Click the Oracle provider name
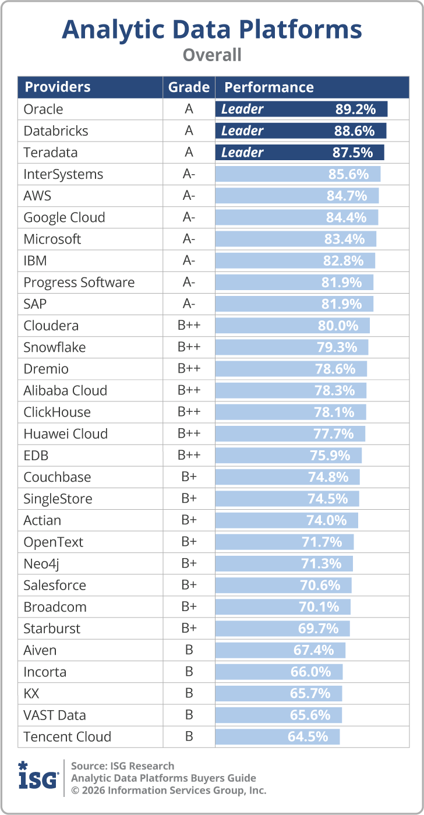click(43, 109)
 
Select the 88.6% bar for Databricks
click(301, 130)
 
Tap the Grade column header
click(189, 87)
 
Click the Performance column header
click(269, 87)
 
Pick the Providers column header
click(58, 87)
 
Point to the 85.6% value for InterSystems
click(348, 174)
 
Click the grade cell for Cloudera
click(189, 326)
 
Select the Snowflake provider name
click(55, 347)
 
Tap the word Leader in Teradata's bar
click(242, 153)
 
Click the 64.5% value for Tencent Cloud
click(308, 736)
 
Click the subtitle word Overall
click(212, 55)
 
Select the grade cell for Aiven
click(189, 650)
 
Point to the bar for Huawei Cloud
click(290, 434)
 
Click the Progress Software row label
click(79, 283)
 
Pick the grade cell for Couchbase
click(189, 477)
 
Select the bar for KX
click(278, 693)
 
